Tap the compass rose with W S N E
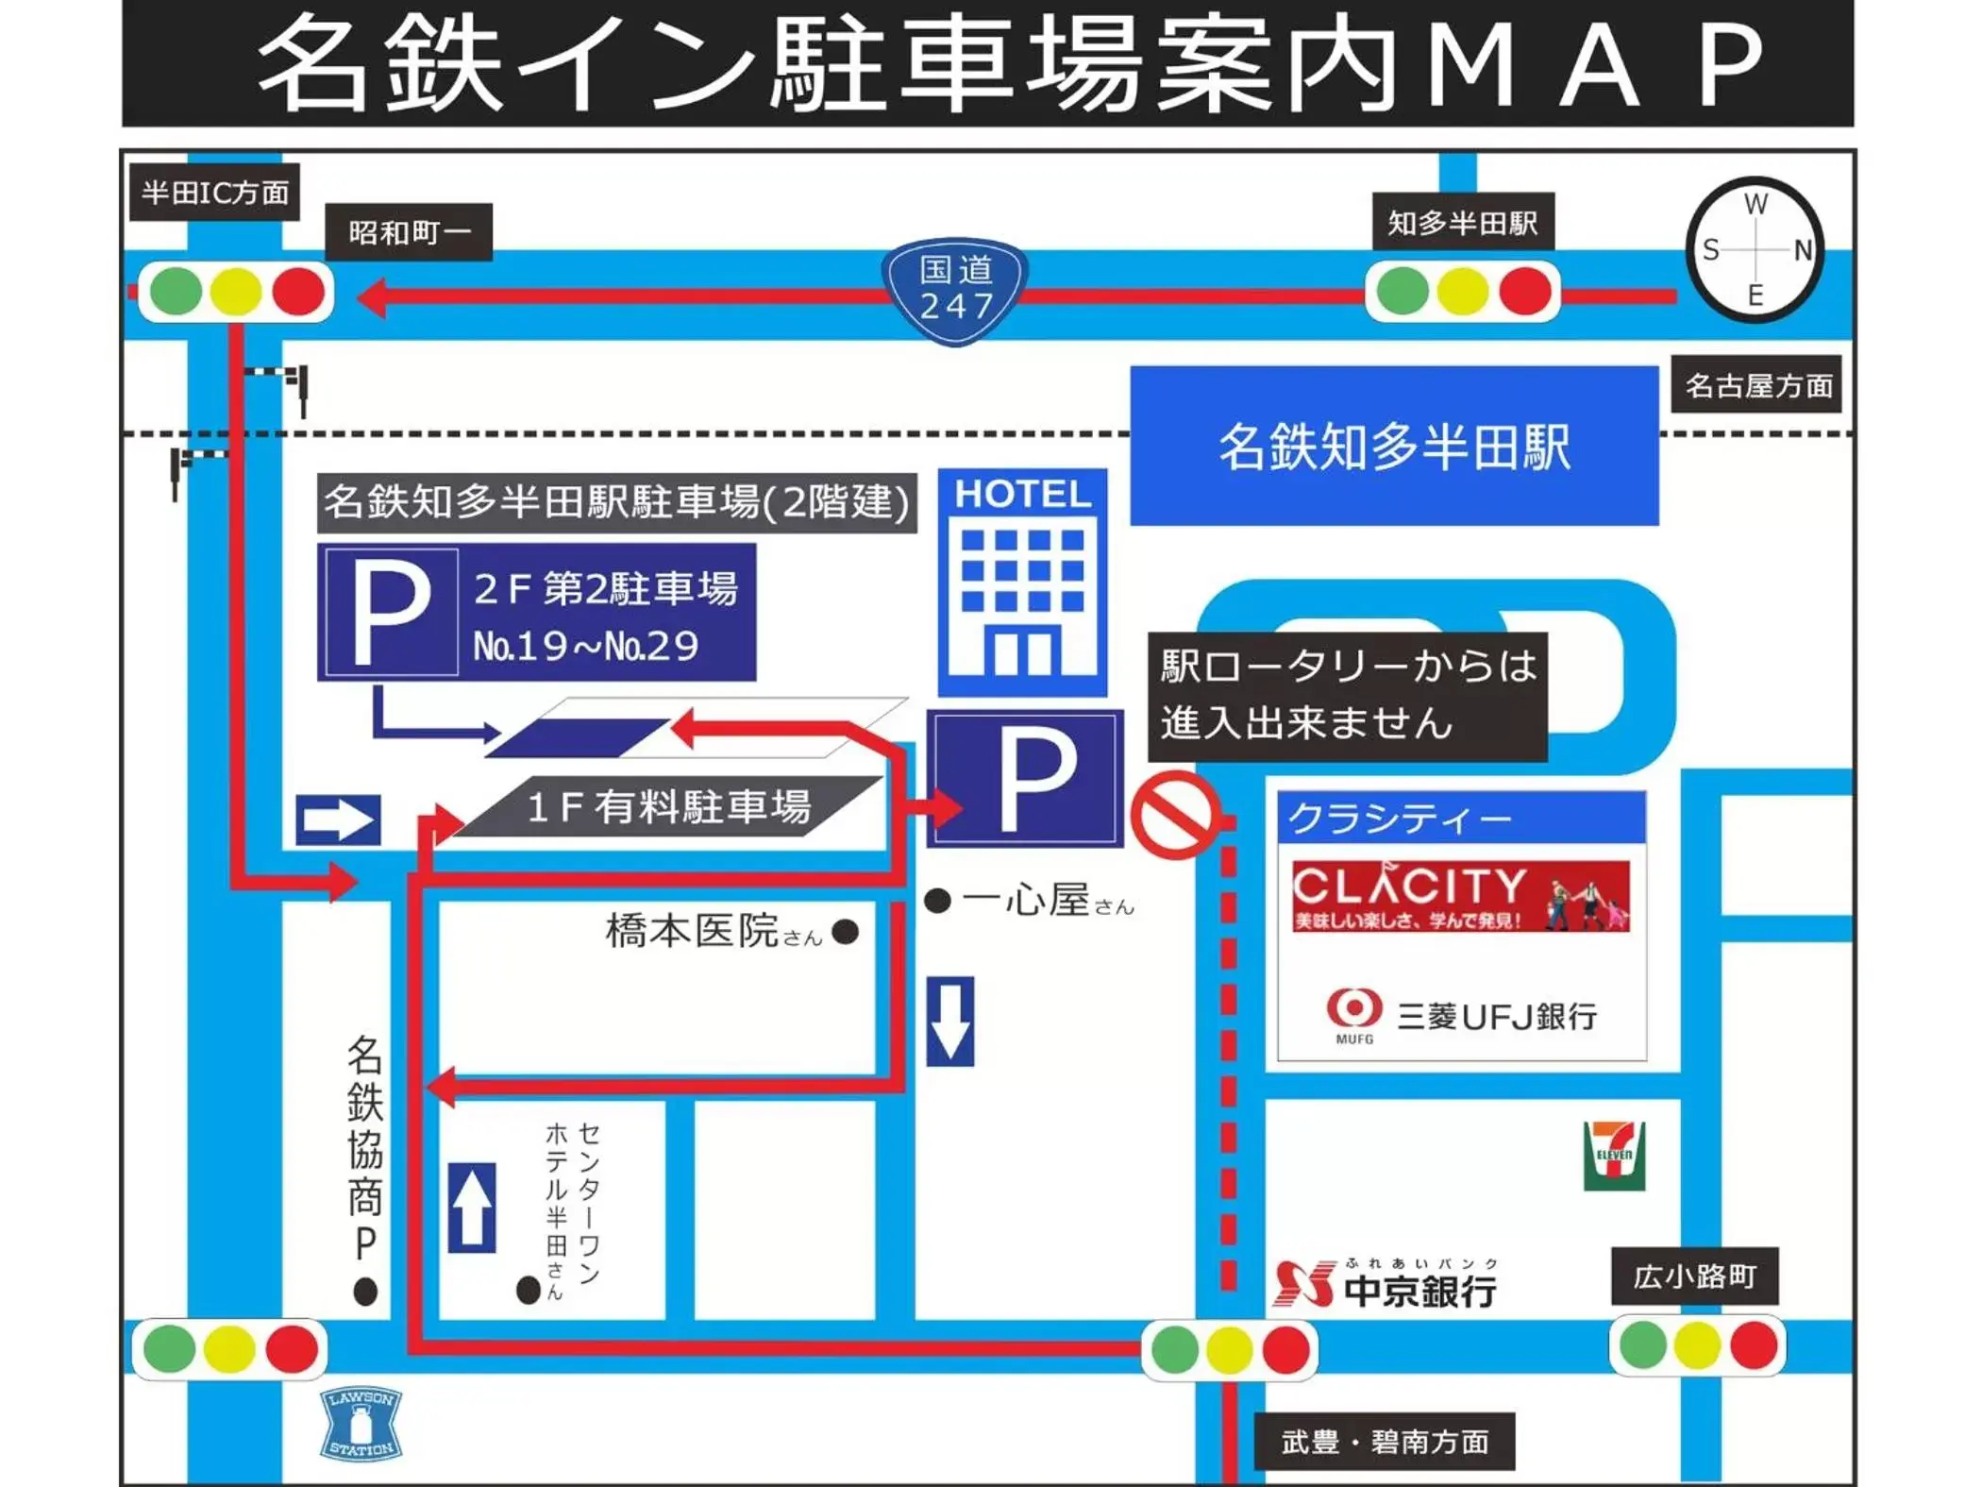click(x=1755, y=250)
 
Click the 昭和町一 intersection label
click(x=409, y=232)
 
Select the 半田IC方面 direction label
click(x=214, y=193)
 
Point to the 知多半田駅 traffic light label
click(x=1462, y=224)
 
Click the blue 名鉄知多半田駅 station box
click(x=1394, y=446)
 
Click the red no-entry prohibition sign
click(x=1175, y=815)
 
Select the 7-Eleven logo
click(x=1614, y=1155)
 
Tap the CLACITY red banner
click(x=1460, y=895)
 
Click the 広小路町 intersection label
click(x=1694, y=1276)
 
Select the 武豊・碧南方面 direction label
click(x=1384, y=1442)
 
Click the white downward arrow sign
click(x=949, y=1022)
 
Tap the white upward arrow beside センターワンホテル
click(x=472, y=1208)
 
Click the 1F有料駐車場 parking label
click(x=668, y=807)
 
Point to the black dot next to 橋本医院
click(x=846, y=933)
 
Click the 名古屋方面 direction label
click(x=1756, y=385)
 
